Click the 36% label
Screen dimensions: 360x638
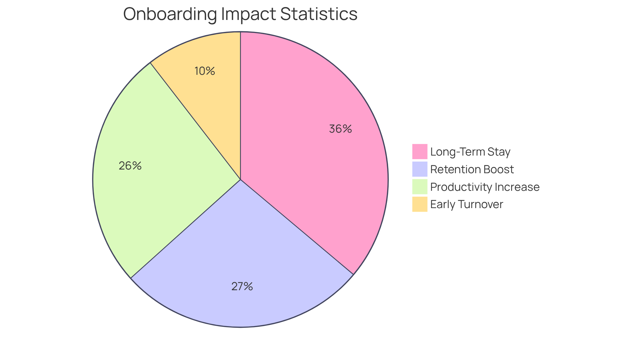(340, 129)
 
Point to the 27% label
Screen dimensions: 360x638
(242, 286)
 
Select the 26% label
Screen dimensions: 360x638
(130, 166)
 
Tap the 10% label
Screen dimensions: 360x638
(205, 71)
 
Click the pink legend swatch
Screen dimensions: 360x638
(420, 152)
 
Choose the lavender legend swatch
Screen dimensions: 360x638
(420, 169)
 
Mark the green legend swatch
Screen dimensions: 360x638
(420, 186)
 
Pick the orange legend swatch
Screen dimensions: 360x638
(420, 204)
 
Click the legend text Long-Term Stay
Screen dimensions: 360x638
(470, 152)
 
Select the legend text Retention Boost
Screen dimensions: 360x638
(472, 169)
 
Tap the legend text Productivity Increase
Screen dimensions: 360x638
(484, 187)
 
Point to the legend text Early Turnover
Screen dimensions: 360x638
(467, 204)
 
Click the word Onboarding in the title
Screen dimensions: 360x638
(169, 14)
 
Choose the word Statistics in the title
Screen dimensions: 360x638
(319, 14)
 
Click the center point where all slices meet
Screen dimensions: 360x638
(240, 180)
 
